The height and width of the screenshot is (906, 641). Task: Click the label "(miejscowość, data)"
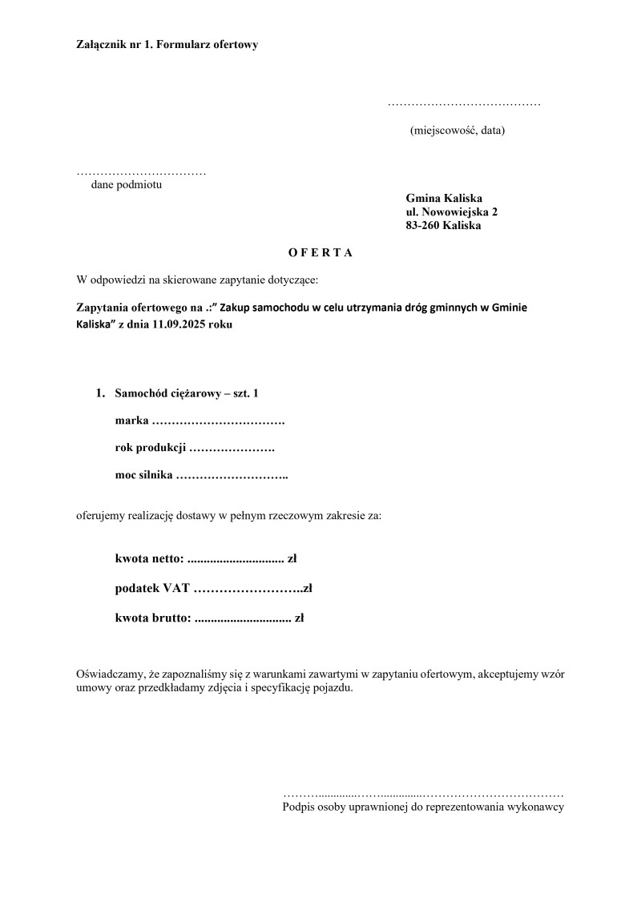(458, 130)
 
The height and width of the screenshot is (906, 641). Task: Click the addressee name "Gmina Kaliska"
(444, 199)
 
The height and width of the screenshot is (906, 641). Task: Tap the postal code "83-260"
(422, 226)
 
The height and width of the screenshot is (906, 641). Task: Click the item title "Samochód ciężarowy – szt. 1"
(187, 393)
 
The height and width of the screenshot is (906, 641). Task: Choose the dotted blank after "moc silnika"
(232, 477)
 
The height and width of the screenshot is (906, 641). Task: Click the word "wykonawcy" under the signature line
(539, 807)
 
